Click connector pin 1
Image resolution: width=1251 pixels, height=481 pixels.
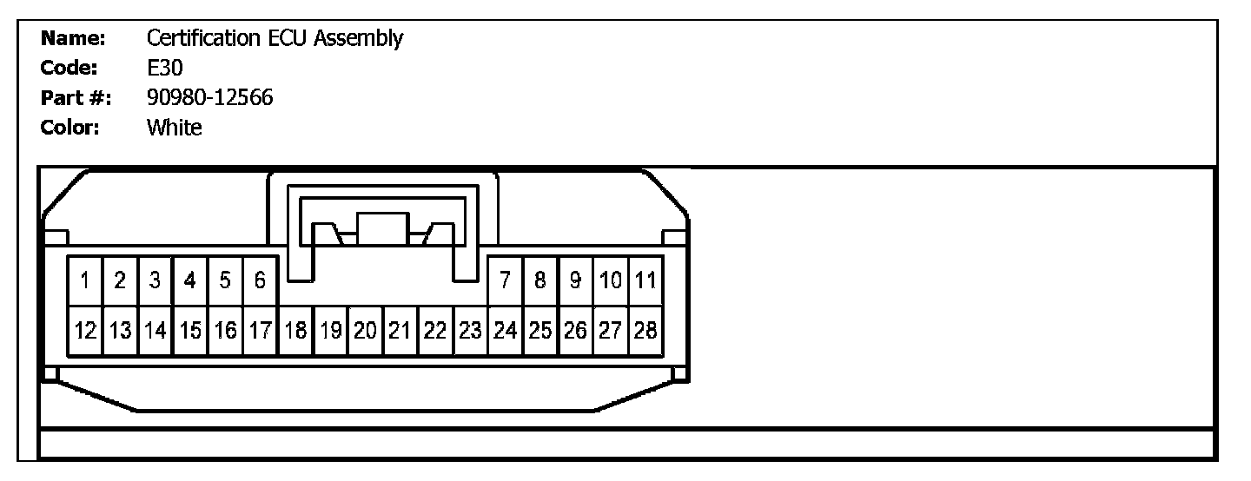[x=86, y=280]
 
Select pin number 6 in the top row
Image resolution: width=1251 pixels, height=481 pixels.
[x=260, y=280]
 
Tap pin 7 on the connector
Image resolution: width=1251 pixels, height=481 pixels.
[x=505, y=280]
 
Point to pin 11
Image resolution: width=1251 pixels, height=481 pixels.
[x=645, y=280]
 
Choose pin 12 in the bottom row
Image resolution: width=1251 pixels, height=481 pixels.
[x=85, y=331]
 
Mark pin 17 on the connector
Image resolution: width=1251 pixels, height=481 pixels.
[x=260, y=331]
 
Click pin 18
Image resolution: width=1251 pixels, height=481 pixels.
[x=295, y=331]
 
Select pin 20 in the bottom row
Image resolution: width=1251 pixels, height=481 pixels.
[x=365, y=331]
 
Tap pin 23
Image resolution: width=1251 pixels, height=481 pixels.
[x=470, y=331]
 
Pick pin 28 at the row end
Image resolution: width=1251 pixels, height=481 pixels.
[x=645, y=331]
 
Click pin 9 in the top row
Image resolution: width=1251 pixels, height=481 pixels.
[x=575, y=280]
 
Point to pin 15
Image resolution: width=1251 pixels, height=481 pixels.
[x=189, y=331]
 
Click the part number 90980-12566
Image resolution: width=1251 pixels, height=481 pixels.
[x=210, y=98]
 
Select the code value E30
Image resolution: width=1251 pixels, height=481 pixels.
[x=165, y=68]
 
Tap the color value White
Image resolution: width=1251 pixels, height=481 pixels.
[x=175, y=128]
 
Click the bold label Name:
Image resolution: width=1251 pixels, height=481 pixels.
[x=74, y=38]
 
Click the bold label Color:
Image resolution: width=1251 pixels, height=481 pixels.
[x=72, y=128]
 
